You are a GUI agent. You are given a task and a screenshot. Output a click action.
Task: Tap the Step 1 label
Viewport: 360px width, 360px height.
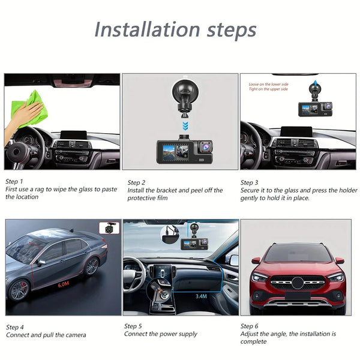pyautogui.click(x=14, y=181)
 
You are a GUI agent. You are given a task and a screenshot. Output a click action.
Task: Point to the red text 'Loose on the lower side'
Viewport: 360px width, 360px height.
pyautogui.click(x=268, y=85)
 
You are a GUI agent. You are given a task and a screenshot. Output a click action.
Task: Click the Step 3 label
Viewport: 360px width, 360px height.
pyautogui.click(x=250, y=182)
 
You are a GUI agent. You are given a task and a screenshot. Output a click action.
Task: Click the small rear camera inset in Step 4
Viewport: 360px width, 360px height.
pyautogui.click(x=109, y=228)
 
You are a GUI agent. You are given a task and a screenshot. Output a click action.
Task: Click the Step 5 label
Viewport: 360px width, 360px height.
pyautogui.click(x=133, y=326)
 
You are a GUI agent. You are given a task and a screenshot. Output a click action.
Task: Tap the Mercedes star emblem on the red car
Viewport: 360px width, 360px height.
pyautogui.click(x=298, y=281)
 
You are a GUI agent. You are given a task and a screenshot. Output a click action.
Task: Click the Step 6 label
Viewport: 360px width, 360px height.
pyautogui.click(x=250, y=326)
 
